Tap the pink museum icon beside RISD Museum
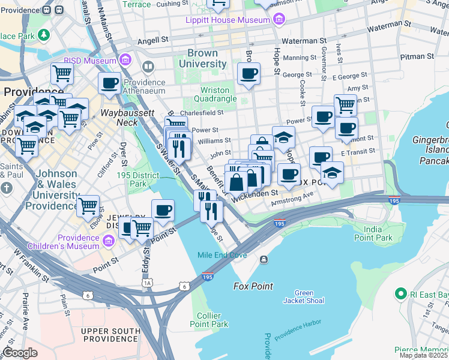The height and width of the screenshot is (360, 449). click(125, 60)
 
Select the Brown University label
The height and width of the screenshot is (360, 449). click(206, 59)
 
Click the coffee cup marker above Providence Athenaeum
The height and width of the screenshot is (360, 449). click(109, 83)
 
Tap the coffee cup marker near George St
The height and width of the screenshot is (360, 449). click(249, 74)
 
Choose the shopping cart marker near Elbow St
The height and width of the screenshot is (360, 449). click(88, 206)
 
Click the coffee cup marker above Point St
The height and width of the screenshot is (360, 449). click(163, 211)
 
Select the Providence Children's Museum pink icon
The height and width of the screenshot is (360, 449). click(109, 241)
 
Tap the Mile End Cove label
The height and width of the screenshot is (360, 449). click(222, 255)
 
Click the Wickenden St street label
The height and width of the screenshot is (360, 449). click(256, 193)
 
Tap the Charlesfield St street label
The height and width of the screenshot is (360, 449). click(202, 112)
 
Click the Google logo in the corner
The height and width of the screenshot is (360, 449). click(20, 353)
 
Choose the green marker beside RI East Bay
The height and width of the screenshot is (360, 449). click(400, 294)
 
